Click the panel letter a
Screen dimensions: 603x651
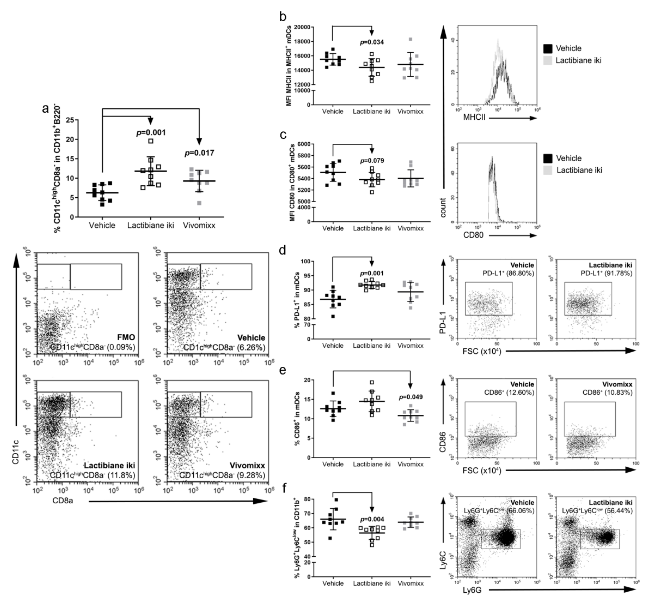[46, 108]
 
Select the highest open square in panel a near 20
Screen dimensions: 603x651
[150, 141]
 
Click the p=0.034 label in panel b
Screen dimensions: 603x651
[372, 42]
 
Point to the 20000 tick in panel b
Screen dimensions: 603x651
[302, 27]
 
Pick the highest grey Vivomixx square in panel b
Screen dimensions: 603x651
[411, 39]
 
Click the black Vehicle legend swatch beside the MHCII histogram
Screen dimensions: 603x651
[548, 49]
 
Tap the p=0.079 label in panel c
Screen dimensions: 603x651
[372, 161]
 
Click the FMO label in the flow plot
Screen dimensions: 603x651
[126, 337]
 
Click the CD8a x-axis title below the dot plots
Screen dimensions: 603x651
[63, 500]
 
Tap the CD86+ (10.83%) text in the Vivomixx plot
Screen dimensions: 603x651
[607, 392]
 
